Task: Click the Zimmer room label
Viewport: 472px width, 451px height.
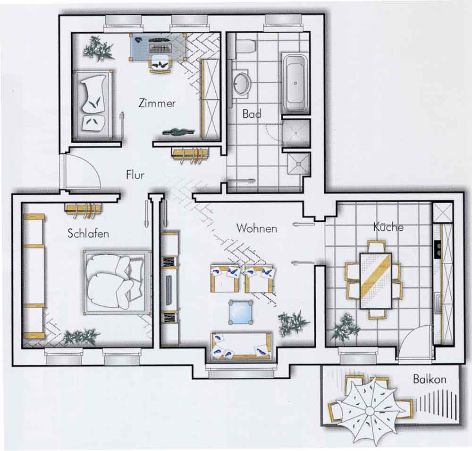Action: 157,103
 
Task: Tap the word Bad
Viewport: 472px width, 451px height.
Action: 252,114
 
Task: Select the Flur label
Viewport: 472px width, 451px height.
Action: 135,175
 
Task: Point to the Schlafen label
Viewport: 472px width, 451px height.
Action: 88,234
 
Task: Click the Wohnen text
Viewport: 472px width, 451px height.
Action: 257,228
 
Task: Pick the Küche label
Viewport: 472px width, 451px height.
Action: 388,227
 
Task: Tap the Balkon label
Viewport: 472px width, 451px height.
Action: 430,379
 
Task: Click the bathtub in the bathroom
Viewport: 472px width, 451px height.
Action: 295,83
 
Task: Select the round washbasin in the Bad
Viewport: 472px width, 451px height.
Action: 241,83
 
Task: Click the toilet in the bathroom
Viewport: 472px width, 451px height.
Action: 245,46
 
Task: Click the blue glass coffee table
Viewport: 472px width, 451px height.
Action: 241,312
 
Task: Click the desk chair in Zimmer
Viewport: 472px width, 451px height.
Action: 160,64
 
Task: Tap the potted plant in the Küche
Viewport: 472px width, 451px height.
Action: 346,328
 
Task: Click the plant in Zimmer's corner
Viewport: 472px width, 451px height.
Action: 99,48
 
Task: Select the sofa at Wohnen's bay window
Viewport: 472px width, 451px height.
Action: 241,346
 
